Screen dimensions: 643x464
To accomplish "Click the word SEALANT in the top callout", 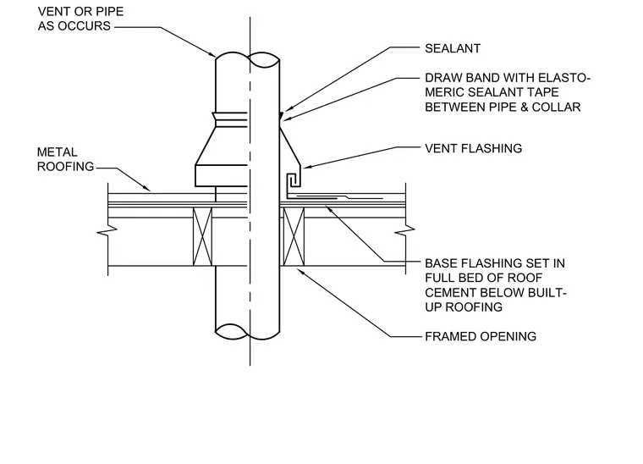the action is (453, 48).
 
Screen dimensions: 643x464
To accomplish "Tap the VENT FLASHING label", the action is (473, 148).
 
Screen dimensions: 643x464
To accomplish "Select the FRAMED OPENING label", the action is (481, 336).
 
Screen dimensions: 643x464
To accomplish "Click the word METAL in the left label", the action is (57, 152).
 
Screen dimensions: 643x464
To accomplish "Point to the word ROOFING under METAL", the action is (66, 167).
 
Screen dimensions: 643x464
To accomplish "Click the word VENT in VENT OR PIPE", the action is (54, 12).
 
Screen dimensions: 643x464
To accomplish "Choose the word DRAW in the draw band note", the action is (442, 78).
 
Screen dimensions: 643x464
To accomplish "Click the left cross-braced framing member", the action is (202, 236).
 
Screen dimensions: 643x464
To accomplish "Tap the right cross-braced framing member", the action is (294, 236).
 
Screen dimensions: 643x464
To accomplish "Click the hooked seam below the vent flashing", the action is (293, 181).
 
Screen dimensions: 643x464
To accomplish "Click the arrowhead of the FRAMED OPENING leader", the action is (300, 271).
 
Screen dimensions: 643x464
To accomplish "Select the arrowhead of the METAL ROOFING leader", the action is (147, 189).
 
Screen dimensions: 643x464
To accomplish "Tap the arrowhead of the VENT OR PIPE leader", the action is (212, 54).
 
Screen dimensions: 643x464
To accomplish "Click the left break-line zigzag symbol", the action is (107, 231).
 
